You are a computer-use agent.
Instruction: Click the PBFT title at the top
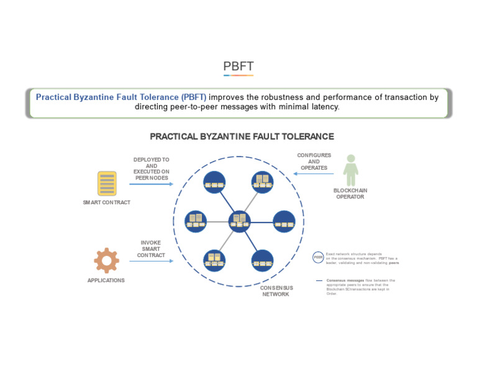pyautogui.click(x=238, y=66)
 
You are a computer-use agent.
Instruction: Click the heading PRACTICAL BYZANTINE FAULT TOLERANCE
pyautogui.click(x=242, y=137)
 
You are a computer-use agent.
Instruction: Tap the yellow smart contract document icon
pyautogui.click(x=107, y=184)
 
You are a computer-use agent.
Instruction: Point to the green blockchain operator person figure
pyautogui.click(x=350, y=170)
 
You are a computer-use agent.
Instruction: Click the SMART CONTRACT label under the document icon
pyautogui.click(x=107, y=203)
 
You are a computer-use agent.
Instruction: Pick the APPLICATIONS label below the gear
pyautogui.click(x=106, y=280)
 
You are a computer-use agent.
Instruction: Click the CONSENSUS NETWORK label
pyautogui.click(x=275, y=291)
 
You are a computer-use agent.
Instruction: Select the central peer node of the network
pyautogui.click(x=239, y=221)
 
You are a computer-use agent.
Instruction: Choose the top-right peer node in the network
pyautogui.click(x=262, y=181)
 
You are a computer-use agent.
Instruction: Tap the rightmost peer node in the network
pyautogui.click(x=284, y=221)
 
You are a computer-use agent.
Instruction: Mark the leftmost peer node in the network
pyautogui.click(x=196, y=221)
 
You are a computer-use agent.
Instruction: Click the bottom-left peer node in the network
pyautogui.click(x=214, y=260)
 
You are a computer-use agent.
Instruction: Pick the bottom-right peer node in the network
pyautogui.click(x=262, y=260)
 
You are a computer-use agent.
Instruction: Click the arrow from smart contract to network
pyautogui.click(x=151, y=184)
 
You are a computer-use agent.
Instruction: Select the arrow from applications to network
pyautogui.click(x=151, y=261)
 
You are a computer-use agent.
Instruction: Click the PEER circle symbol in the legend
pyautogui.click(x=318, y=257)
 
